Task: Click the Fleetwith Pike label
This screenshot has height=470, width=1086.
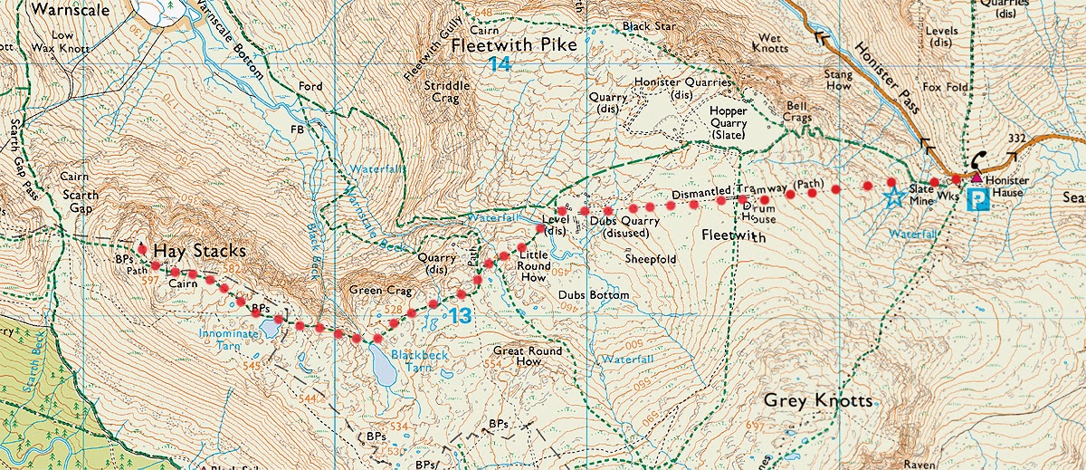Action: click(x=500, y=43)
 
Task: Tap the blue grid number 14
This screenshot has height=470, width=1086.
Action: click(x=499, y=64)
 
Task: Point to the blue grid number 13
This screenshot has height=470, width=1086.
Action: click(x=460, y=316)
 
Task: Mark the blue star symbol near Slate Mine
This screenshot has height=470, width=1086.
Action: click(x=894, y=198)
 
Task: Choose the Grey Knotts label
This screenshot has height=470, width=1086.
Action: click(x=818, y=400)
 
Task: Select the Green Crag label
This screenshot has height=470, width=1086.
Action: click(x=379, y=292)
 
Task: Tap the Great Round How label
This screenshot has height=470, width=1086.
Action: click(x=529, y=356)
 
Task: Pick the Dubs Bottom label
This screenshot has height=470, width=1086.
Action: click(x=593, y=296)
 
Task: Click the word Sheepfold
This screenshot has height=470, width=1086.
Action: click(x=651, y=258)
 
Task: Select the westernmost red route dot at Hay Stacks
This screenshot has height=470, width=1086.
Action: click(x=141, y=250)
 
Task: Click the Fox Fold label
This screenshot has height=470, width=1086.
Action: click(x=945, y=88)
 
